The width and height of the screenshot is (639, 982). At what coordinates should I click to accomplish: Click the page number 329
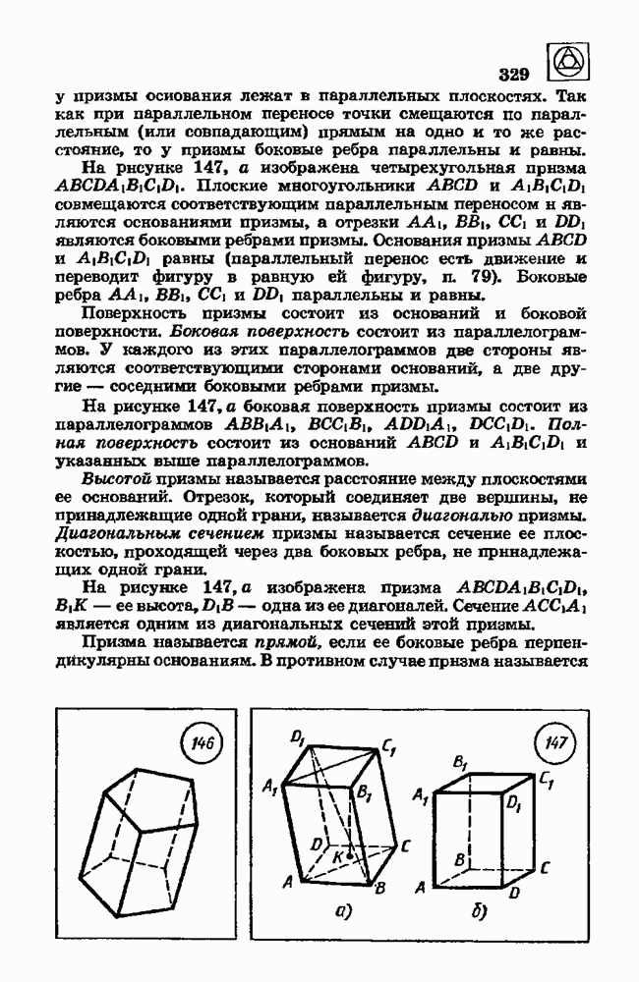point(514,74)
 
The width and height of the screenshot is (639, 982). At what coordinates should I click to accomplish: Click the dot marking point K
point(349,855)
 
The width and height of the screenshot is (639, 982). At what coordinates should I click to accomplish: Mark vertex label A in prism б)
point(420,888)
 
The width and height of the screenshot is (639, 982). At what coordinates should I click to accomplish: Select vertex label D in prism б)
point(515,891)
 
